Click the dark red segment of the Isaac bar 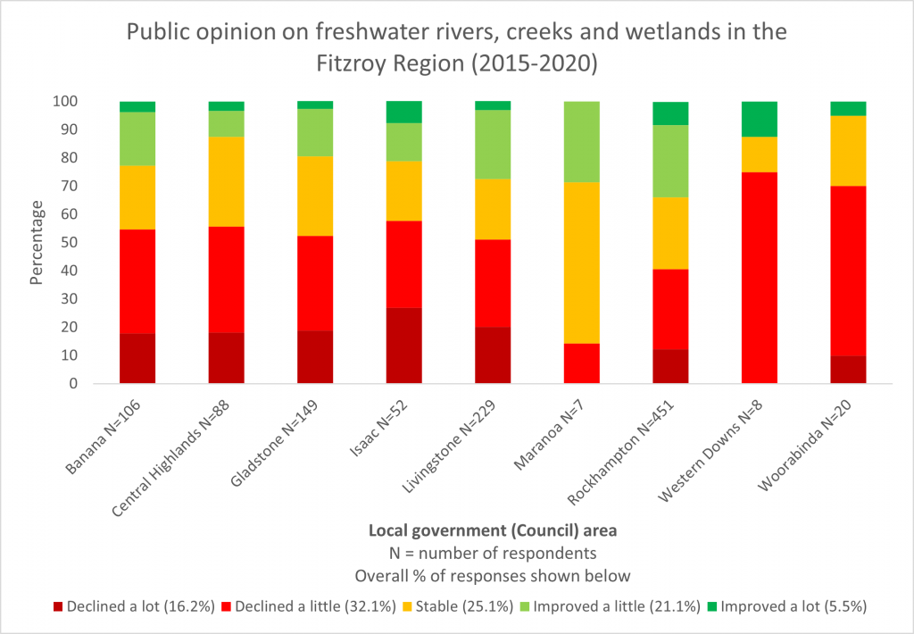(x=404, y=346)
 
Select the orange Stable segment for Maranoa (x=582, y=263)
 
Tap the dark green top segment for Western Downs (x=760, y=119)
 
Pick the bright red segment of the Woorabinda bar (x=848, y=271)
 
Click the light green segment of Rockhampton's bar (x=670, y=161)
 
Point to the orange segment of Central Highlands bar (x=226, y=181)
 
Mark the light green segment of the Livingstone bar (x=493, y=144)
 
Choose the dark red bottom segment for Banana (x=137, y=358)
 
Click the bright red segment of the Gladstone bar (x=315, y=283)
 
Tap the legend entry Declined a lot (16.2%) (x=134, y=606)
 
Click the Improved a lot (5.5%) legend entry (x=787, y=606)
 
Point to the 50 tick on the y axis (x=70, y=243)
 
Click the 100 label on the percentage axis (x=65, y=102)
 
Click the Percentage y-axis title (x=36, y=243)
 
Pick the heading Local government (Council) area (x=493, y=530)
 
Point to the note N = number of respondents (x=493, y=553)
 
